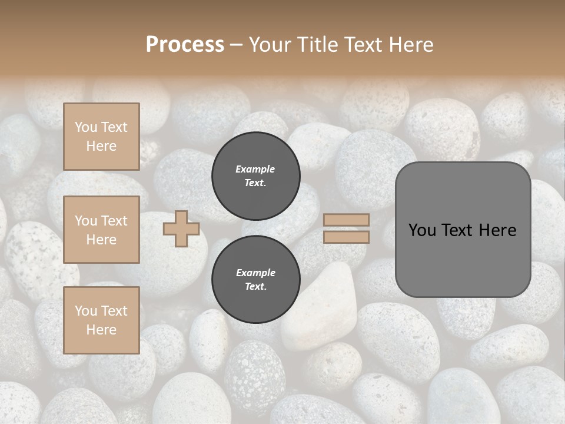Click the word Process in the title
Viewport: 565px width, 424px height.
185,45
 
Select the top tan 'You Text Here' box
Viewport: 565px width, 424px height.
101,137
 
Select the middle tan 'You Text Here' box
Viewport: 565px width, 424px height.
101,230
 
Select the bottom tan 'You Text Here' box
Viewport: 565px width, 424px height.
101,320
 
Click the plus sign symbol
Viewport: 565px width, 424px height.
181,228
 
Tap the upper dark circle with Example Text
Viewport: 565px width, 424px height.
255,175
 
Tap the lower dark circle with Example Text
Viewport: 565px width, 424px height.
255,279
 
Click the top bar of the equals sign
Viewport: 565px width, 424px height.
346,220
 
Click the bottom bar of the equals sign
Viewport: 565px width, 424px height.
346,237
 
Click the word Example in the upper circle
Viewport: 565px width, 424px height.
255,169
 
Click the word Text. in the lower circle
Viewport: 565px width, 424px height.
255,287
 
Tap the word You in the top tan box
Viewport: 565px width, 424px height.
86,127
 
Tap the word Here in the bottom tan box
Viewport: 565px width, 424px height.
101,330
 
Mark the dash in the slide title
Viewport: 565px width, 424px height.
236,45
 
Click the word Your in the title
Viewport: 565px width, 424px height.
268,45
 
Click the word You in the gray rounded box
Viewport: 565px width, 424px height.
423,230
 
